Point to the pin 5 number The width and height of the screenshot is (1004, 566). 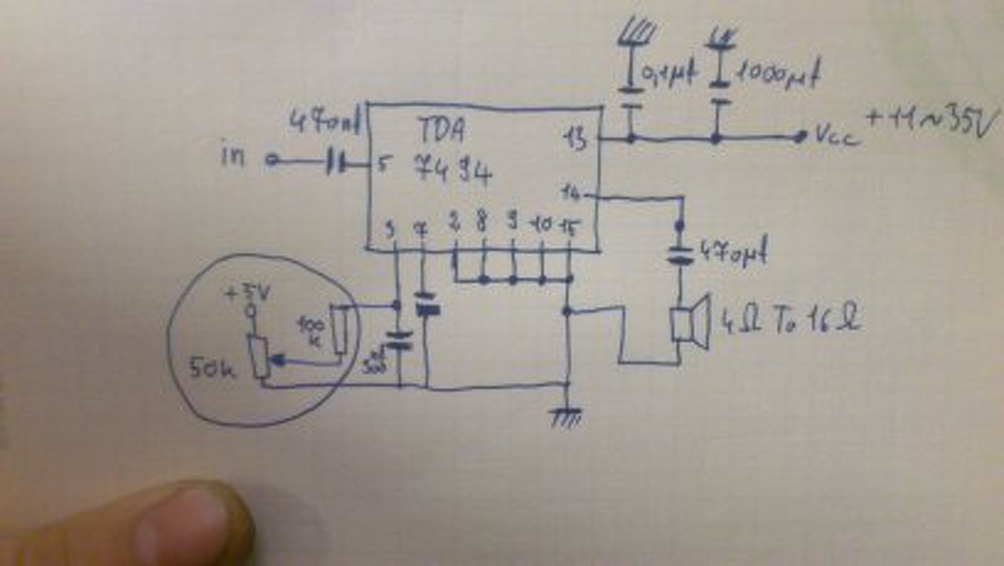point(384,165)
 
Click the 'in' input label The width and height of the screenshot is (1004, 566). point(233,158)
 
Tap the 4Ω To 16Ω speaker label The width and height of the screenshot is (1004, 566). point(789,322)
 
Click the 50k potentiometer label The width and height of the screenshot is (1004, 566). point(211,366)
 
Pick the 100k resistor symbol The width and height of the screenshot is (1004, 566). point(339,330)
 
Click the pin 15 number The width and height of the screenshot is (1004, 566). point(569,228)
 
